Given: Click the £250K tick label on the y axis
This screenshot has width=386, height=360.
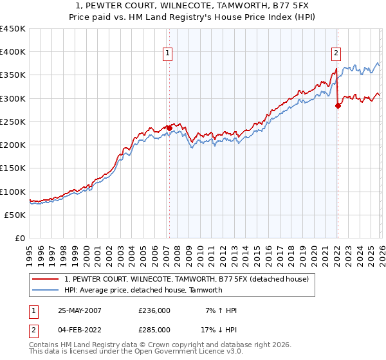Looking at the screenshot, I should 13,122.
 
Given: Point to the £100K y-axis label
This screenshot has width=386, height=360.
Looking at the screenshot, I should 13,192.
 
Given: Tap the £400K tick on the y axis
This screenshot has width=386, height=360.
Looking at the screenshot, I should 13,52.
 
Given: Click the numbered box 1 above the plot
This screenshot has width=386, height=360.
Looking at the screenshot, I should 167,53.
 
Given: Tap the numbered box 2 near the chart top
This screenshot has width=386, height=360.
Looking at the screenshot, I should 336,53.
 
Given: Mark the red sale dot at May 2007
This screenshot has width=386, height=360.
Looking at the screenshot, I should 169,128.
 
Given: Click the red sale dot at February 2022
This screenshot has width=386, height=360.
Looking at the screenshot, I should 338,106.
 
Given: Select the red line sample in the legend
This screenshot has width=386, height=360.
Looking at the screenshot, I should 46,279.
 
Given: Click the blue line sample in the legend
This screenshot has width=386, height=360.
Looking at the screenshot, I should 46,290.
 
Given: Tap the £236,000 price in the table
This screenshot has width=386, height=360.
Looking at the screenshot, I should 154,310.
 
